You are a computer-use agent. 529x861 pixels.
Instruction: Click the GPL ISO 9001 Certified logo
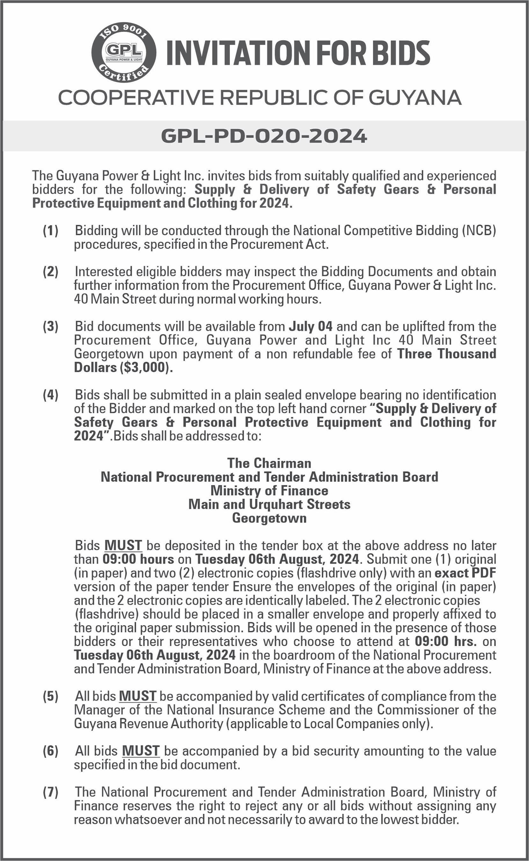point(123,53)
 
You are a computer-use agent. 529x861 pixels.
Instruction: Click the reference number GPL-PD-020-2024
point(264,136)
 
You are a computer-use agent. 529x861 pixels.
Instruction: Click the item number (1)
point(50,231)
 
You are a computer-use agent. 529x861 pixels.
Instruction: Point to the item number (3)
point(50,327)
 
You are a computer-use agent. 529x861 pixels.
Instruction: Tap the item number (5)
point(50,696)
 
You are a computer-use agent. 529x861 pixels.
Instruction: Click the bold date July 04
point(310,327)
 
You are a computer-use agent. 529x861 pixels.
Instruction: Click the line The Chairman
point(269,463)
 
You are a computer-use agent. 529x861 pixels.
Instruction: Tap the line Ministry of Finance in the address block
point(269,490)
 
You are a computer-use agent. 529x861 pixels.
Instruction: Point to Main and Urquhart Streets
point(269,504)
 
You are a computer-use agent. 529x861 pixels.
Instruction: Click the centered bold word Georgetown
point(269,518)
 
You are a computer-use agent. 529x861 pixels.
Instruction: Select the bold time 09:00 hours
point(138,559)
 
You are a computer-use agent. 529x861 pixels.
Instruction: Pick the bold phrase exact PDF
point(465,573)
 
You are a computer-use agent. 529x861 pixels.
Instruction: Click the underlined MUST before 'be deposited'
point(123,545)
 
